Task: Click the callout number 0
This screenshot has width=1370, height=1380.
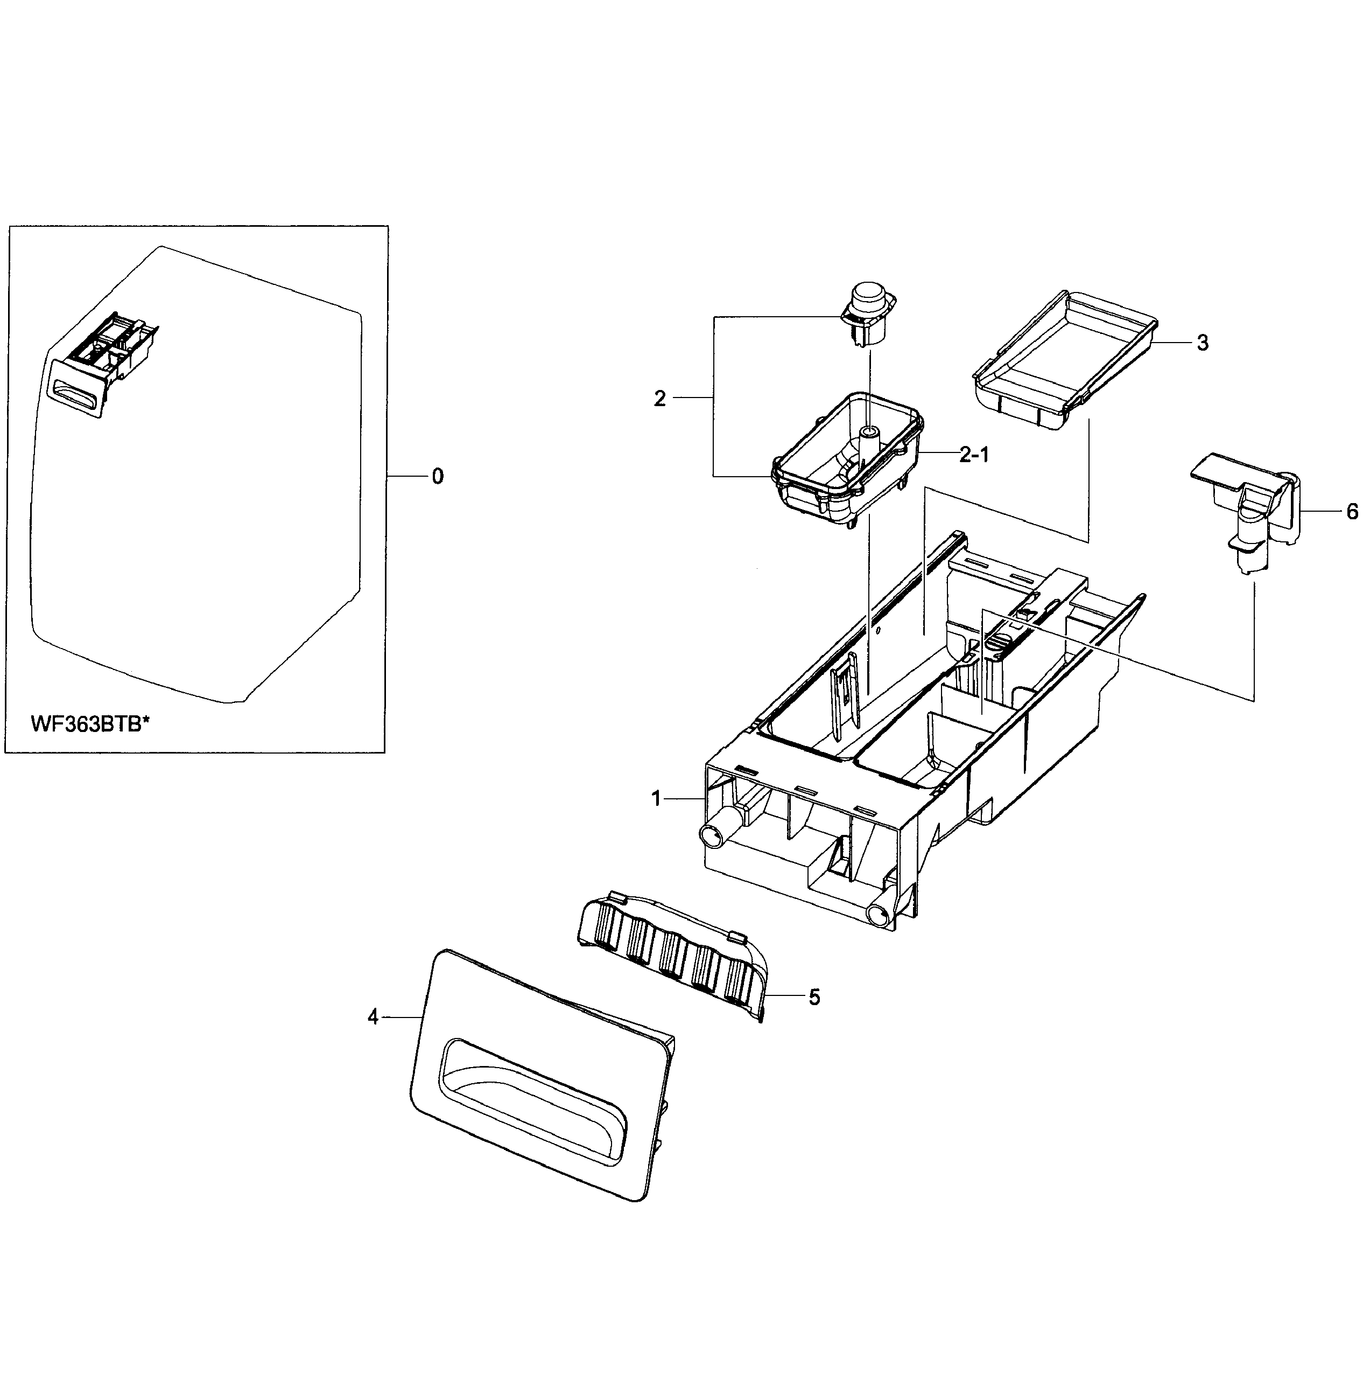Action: (438, 476)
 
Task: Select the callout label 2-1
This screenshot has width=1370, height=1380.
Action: (974, 455)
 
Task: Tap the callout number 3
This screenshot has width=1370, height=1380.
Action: (1202, 344)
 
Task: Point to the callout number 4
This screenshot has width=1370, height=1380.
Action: (373, 1017)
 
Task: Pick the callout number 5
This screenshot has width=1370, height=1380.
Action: (814, 997)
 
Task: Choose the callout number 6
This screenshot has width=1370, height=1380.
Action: (1352, 512)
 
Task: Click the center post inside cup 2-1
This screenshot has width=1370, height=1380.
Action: (868, 443)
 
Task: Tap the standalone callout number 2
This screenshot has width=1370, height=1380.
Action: (659, 399)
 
